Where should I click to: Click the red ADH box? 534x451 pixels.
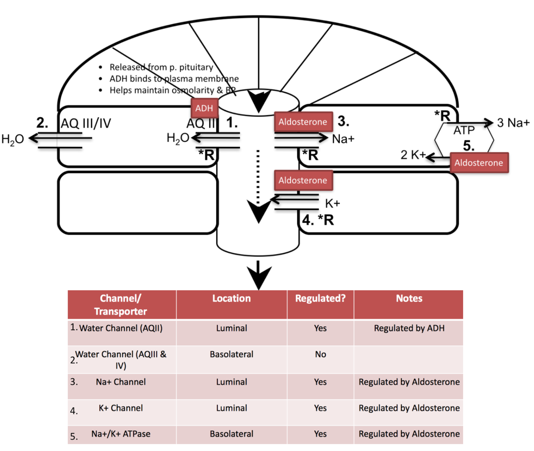(204, 108)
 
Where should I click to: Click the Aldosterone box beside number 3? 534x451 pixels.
(303, 122)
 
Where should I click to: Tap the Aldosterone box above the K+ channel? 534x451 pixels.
(303, 180)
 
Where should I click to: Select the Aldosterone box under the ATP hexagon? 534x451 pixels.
(479, 163)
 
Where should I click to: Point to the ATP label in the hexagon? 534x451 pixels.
(464, 130)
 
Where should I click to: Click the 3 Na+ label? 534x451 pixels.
(513, 123)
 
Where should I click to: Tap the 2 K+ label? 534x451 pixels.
(413, 155)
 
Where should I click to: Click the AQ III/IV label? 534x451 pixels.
(86, 123)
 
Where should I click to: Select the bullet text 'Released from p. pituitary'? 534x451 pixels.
(161, 67)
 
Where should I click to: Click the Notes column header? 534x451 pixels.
(409, 298)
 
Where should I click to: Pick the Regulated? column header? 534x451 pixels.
(320, 298)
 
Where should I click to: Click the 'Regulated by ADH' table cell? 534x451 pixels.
(409, 328)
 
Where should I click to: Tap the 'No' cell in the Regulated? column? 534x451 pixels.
(320, 354)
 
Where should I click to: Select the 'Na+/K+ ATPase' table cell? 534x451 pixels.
(120, 434)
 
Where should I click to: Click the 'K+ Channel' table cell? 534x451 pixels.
(120, 408)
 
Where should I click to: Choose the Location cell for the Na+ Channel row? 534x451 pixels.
(231, 382)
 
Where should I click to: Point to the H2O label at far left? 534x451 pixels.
(13, 139)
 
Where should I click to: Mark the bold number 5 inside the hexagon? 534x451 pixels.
(468, 146)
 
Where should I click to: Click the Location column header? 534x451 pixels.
(231, 298)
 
